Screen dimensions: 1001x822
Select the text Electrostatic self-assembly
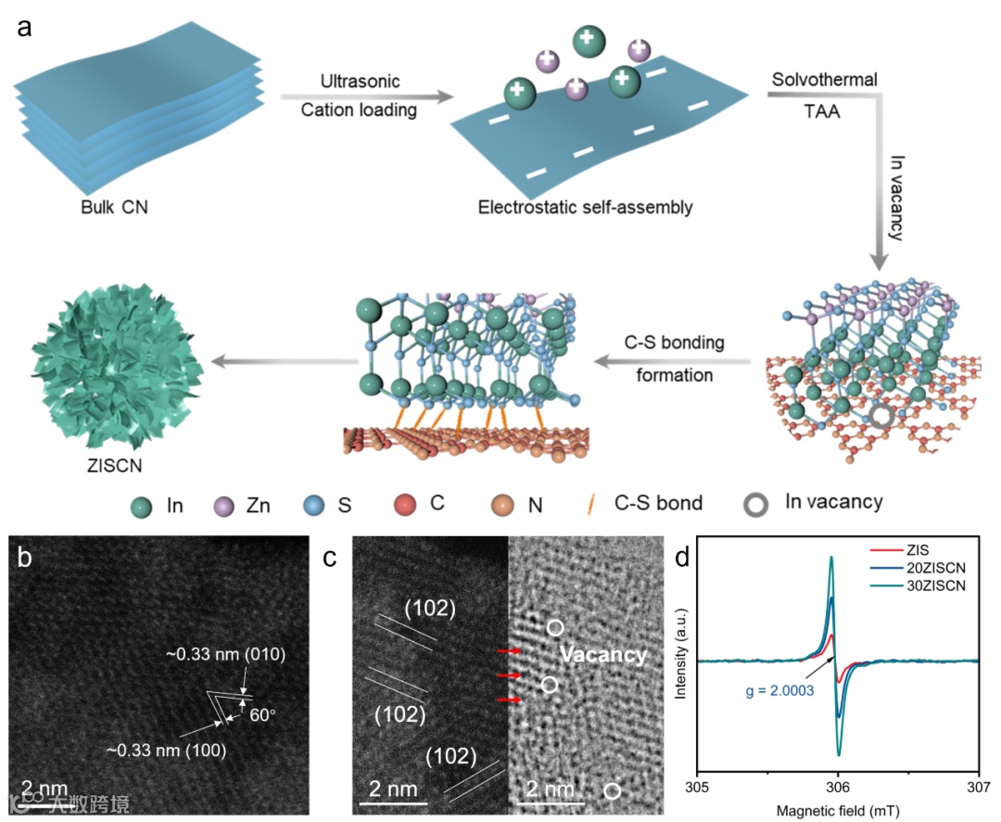click(585, 206)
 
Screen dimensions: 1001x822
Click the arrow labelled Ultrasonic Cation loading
click(367, 95)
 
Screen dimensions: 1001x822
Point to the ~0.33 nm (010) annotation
click(238, 656)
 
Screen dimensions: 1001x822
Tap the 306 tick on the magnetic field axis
click(838, 786)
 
